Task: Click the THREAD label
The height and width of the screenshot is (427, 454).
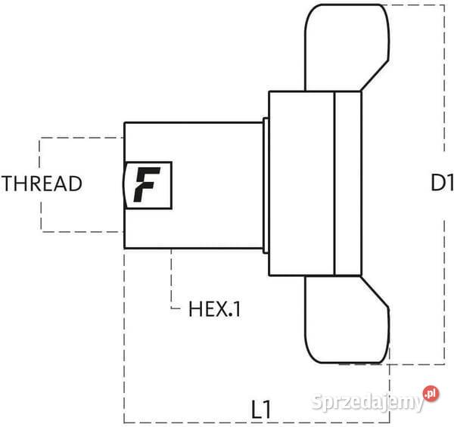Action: pos(42,184)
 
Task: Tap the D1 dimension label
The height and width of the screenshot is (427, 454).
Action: pos(441,183)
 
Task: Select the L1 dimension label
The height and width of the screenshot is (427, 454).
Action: pos(261,410)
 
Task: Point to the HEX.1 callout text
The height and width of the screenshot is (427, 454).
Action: pos(214,308)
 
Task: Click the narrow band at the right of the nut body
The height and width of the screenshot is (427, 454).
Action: pos(347,183)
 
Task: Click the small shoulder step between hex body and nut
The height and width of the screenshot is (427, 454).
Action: pos(266,184)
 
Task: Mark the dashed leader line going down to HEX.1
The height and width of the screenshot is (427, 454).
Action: pos(173,280)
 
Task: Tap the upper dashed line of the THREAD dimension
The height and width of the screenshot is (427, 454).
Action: pos(79,138)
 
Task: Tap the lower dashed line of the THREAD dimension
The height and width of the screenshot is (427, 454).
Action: pos(79,231)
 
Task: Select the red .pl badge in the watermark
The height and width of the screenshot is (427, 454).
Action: pos(431,395)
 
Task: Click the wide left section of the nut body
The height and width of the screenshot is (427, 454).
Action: pos(301,183)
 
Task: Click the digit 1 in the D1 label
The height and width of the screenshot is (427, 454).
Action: pos(449,183)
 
